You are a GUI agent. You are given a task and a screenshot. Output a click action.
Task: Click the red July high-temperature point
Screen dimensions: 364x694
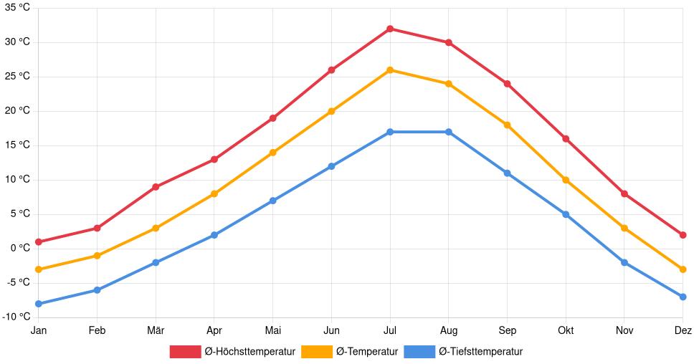click(390, 29)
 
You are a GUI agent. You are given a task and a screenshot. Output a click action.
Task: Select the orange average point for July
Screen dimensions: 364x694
click(390, 70)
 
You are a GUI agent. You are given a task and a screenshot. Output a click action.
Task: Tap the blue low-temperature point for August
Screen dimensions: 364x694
click(449, 132)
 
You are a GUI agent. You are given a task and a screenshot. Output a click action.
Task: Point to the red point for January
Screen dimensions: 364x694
click(38, 242)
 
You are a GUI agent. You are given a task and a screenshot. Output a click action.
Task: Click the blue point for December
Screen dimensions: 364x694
click(683, 297)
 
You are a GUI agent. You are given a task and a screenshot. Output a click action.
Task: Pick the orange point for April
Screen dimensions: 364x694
click(214, 193)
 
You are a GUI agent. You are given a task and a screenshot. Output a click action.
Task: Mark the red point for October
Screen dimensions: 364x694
click(566, 139)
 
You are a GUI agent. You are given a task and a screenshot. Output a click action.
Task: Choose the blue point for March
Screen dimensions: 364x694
click(156, 262)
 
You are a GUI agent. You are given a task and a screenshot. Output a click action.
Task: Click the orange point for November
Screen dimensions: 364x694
click(624, 228)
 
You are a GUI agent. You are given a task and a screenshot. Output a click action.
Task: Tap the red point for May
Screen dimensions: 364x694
click(273, 118)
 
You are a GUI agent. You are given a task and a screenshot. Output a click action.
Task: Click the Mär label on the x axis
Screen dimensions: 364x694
click(156, 330)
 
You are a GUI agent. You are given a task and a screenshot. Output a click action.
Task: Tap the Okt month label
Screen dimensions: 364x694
click(566, 330)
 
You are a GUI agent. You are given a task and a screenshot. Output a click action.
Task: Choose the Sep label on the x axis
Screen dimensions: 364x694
click(507, 330)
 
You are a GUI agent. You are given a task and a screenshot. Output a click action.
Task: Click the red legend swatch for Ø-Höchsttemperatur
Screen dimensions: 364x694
click(186, 351)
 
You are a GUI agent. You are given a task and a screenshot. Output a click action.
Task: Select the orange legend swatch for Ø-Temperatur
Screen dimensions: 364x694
click(316, 351)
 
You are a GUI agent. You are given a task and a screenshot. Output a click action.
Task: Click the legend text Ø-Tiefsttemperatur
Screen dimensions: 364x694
click(480, 351)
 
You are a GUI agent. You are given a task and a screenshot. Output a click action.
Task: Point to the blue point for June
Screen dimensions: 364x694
click(331, 166)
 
